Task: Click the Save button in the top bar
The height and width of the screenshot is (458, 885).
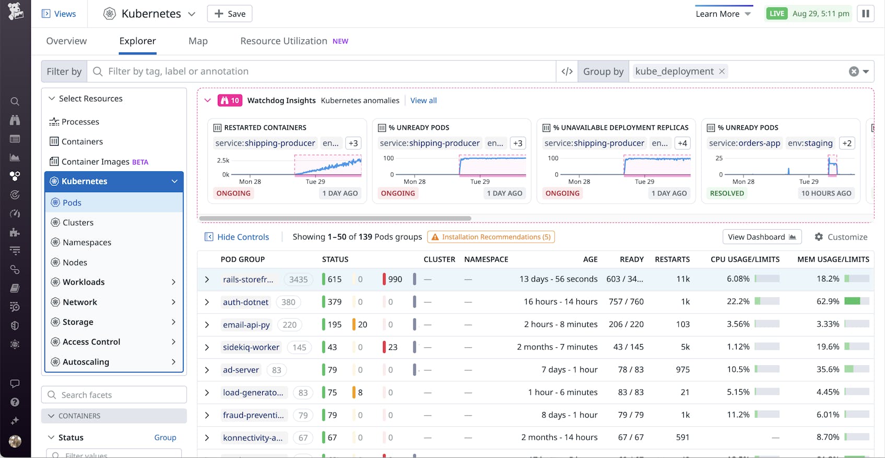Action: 229,14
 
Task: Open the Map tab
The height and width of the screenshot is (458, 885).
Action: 198,41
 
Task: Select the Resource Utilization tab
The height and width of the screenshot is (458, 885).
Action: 284,41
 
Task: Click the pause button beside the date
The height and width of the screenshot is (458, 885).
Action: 865,14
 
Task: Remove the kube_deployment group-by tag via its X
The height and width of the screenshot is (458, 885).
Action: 722,72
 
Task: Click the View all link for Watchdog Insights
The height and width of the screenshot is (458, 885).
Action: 423,101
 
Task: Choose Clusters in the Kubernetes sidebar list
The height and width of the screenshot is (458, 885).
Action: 78,222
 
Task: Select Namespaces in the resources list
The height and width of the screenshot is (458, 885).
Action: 87,242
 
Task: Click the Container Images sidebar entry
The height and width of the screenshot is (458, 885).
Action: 95,162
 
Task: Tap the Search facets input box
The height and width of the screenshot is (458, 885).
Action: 114,395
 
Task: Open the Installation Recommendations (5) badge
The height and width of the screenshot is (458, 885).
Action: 491,237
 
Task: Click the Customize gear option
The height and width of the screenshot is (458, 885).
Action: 841,237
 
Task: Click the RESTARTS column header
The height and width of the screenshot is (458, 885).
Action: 672,260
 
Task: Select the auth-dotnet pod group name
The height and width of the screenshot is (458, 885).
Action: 246,302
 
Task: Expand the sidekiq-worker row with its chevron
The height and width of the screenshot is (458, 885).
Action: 207,347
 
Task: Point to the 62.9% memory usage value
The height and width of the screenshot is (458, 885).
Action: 828,302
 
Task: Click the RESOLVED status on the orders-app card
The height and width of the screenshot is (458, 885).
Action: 727,193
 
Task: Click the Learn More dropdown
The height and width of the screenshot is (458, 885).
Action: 723,14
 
